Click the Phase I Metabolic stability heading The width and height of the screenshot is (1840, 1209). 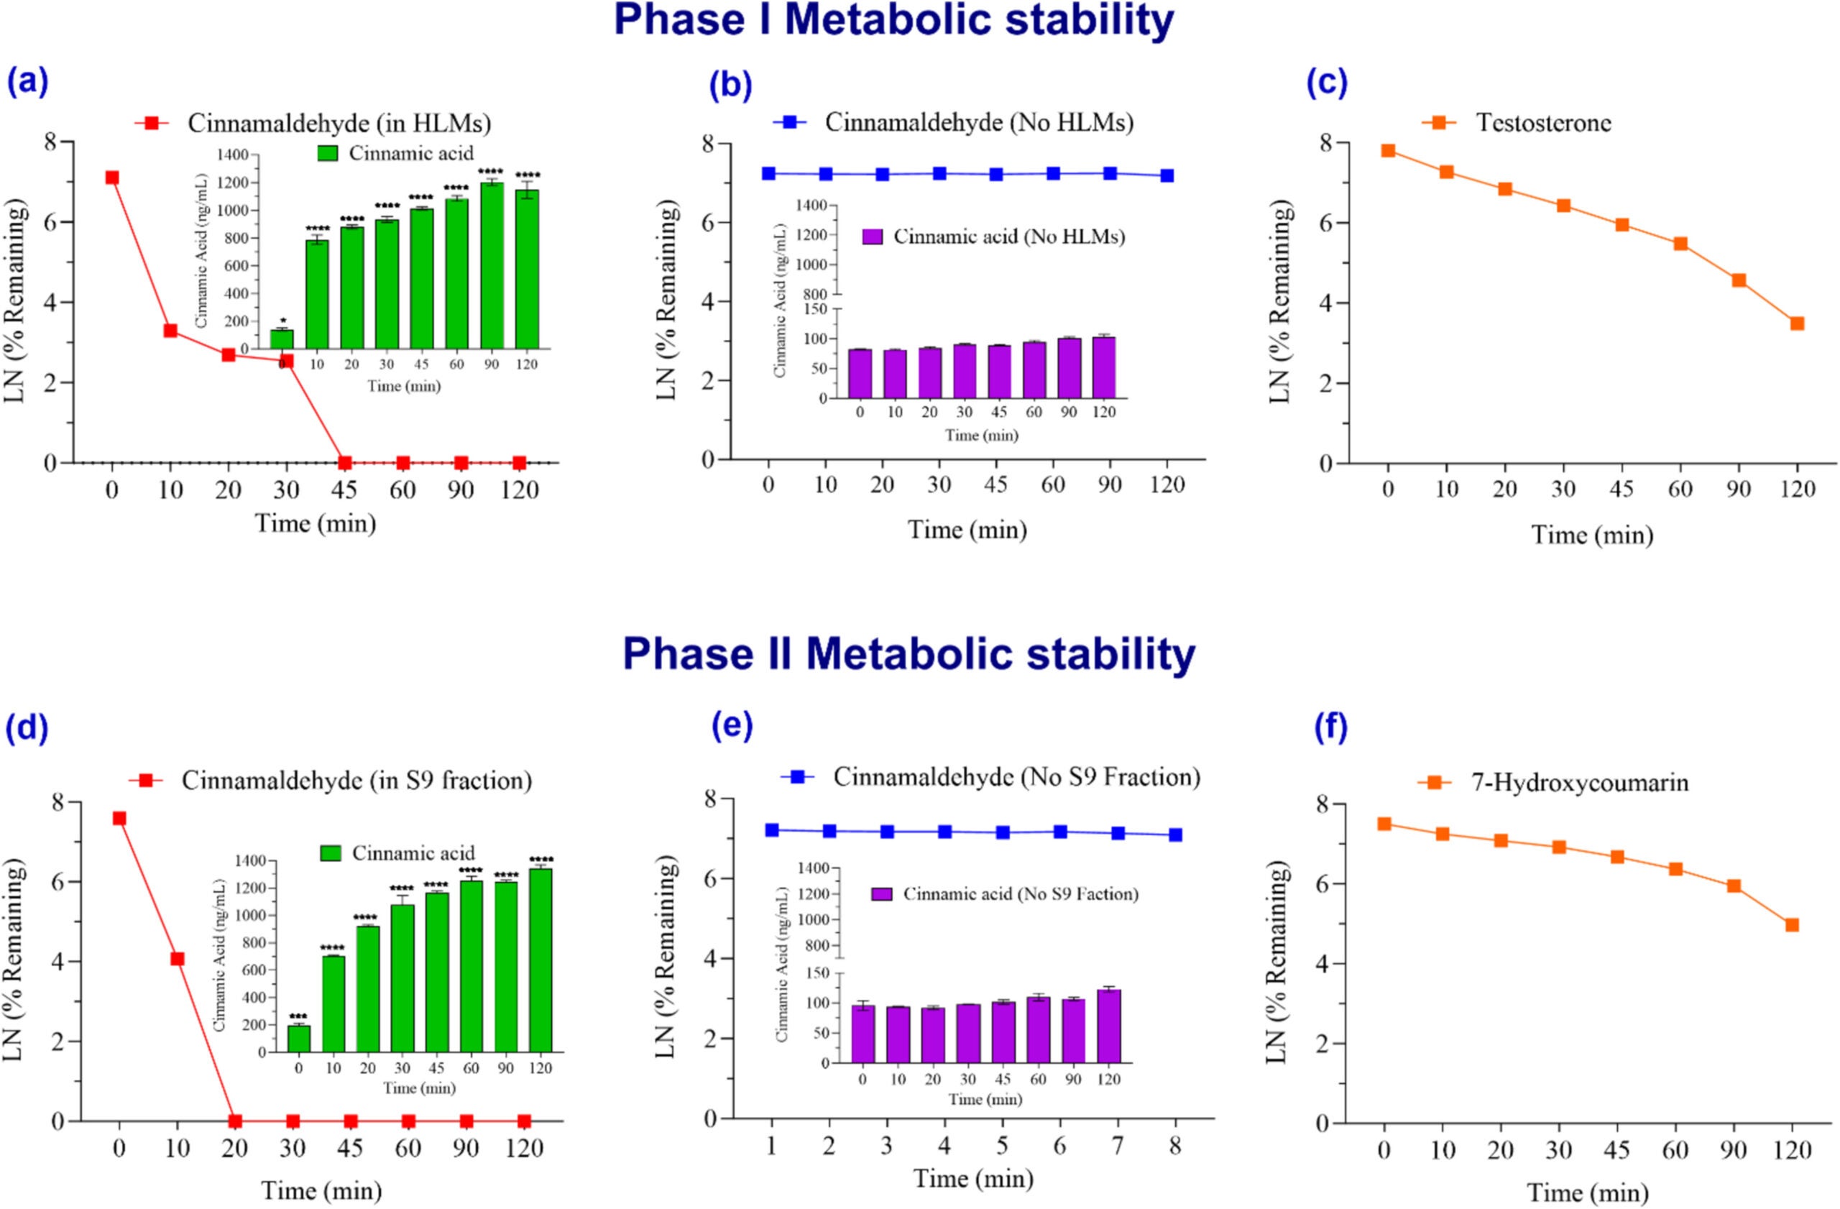tap(893, 22)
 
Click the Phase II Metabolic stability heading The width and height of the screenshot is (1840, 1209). tap(908, 654)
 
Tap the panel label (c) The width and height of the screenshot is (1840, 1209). tap(1327, 83)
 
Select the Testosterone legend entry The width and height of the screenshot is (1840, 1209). tap(1543, 123)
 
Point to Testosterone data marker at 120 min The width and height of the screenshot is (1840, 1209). tap(1797, 323)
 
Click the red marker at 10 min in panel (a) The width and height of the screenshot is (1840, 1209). tap(170, 331)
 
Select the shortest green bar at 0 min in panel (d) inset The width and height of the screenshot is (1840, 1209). tap(298, 1038)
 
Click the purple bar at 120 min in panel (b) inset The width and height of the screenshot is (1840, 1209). tap(1104, 368)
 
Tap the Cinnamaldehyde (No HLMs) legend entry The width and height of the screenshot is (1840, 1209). tap(978, 123)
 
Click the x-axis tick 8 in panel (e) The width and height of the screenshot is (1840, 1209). tap(1174, 1146)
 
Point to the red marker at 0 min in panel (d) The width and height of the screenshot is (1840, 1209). tap(119, 819)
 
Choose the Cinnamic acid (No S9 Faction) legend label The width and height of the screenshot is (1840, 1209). tap(1021, 894)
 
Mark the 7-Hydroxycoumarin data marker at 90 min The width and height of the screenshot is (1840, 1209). tap(1734, 886)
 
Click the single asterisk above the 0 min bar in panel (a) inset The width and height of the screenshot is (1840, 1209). tap(283, 321)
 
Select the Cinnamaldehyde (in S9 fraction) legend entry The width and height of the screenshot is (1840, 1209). tap(356, 781)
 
